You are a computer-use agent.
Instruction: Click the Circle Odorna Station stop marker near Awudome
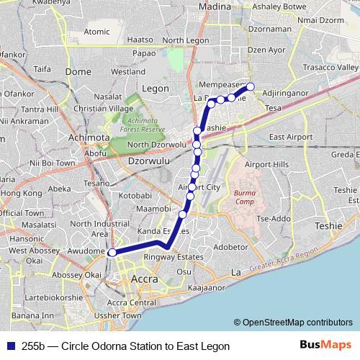pos(112,253)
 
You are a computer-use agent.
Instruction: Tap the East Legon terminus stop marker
pos(251,87)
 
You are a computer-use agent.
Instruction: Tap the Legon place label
pos(156,88)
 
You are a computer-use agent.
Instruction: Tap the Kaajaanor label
pos(207,287)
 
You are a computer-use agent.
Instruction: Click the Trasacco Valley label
pos(330,67)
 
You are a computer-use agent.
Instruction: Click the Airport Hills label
pos(266,164)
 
